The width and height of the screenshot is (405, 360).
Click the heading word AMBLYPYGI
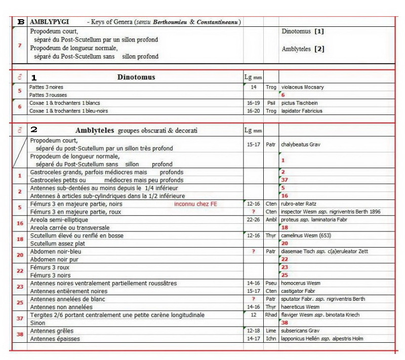pos(50,22)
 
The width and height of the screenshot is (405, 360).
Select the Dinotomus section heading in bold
pos(136,77)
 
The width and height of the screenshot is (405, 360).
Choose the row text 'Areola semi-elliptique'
pos(59,220)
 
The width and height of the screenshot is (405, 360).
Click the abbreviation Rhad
pos(271,315)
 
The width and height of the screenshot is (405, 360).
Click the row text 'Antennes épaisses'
pos(55,338)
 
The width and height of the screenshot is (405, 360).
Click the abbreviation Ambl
pos(271,220)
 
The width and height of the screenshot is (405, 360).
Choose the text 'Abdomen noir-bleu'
pos(55,251)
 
